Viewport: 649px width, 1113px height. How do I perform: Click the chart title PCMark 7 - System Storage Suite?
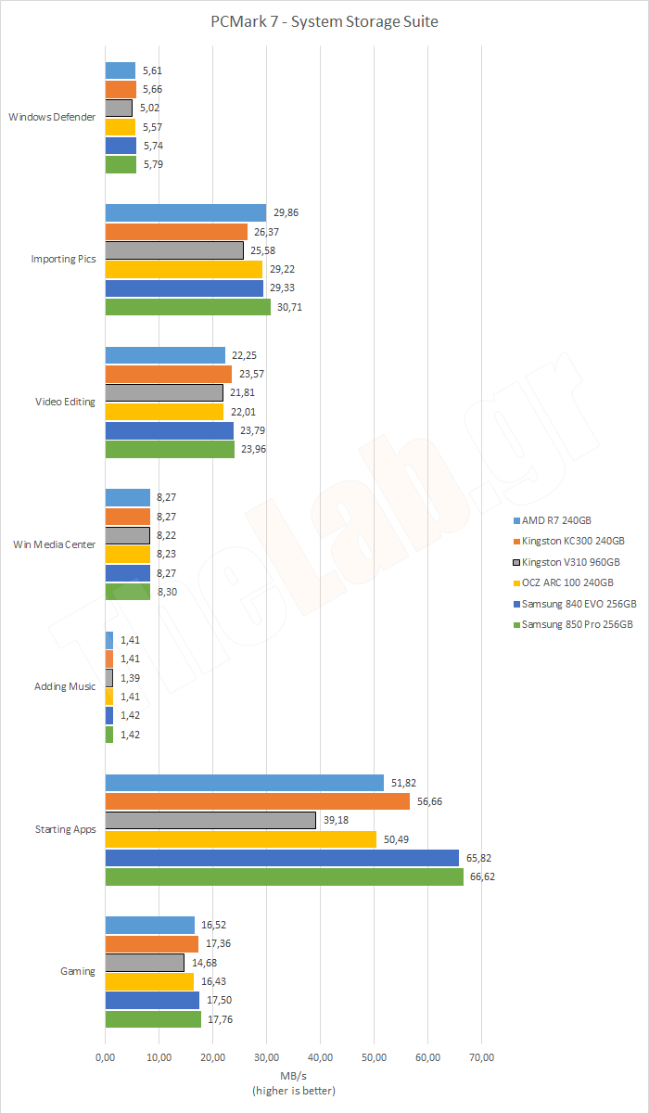pos(324,21)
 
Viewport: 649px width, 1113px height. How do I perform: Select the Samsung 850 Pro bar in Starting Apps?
pos(284,876)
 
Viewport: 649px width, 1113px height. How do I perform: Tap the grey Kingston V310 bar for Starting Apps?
pos(210,820)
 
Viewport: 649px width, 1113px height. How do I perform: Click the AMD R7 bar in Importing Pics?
pos(185,212)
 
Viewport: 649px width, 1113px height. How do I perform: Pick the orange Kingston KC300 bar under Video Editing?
pos(168,374)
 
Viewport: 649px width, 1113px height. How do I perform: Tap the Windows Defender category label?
pos(52,118)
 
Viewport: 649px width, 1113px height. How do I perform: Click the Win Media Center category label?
pos(53,544)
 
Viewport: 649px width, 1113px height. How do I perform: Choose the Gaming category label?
pos(78,972)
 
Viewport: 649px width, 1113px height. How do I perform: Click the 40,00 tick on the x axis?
pos(320,1056)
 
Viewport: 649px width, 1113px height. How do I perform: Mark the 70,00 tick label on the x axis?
pos(481,1056)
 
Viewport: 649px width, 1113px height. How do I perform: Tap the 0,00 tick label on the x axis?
pos(106,1056)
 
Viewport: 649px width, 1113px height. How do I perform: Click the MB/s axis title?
pos(294,1076)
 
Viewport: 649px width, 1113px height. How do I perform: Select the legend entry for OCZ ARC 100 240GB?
pos(566,582)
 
